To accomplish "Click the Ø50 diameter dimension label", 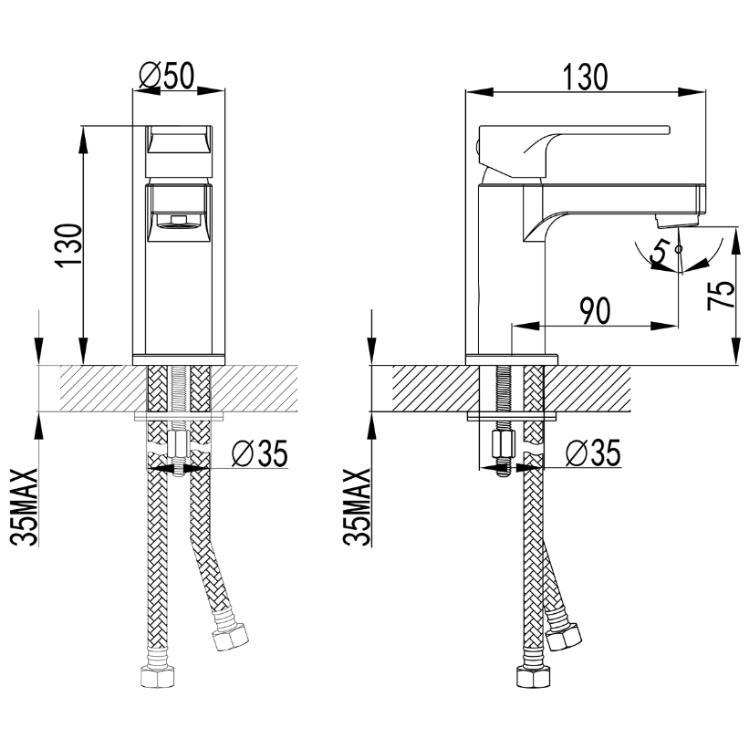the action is [x=167, y=76].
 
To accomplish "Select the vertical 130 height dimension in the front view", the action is [x=68, y=244].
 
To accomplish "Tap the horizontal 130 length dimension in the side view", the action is [x=585, y=77].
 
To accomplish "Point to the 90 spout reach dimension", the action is [x=595, y=310].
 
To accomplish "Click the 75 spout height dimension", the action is [x=722, y=295].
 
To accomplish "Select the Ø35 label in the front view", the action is [x=260, y=453].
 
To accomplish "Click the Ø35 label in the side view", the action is [x=593, y=453].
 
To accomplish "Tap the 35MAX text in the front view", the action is [x=24, y=507].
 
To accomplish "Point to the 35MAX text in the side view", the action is [x=357, y=507].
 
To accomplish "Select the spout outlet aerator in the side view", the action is [x=677, y=220].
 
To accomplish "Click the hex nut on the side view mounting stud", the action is [x=503, y=444].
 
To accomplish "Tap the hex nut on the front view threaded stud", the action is [x=178, y=444].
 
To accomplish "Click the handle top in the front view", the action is [x=179, y=139].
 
